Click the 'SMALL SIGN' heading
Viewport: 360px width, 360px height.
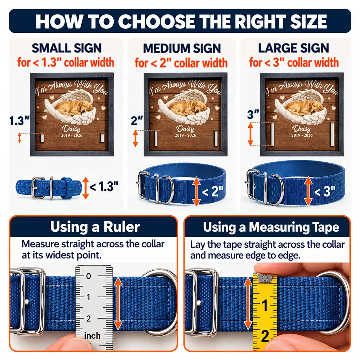click(x=67, y=48)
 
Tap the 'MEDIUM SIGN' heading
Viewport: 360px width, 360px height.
click(x=182, y=49)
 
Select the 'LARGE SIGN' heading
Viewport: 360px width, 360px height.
click(x=294, y=48)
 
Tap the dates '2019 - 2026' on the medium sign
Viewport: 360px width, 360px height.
click(x=185, y=135)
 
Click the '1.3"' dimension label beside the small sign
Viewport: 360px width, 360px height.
click(x=19, y=121)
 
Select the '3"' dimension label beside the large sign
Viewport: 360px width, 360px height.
click(x=253, y=114)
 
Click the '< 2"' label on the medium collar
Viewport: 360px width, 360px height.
click(x=213, y=191)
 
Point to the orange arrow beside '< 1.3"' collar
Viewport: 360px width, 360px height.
click(x=86, y=188)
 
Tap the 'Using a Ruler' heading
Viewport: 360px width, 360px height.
click(x=95, y=227)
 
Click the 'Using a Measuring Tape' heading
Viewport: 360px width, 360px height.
click(x=271, y=227)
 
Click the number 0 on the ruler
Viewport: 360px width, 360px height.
click(x=89, y=276)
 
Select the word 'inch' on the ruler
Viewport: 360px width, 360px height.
click(x=92, y=336)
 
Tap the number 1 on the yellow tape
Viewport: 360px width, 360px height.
click(x=265, y=305)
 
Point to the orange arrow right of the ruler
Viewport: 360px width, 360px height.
click(x=118, y=303)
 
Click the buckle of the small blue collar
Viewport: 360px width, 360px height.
click(x=38, y=188)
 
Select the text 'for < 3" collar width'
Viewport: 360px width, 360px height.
click(x=294, y=62)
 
